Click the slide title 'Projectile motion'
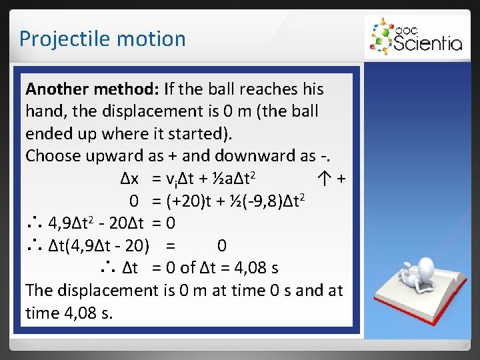coord(102,39)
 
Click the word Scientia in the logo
coord(427,43)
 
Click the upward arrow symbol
coord(325,179)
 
